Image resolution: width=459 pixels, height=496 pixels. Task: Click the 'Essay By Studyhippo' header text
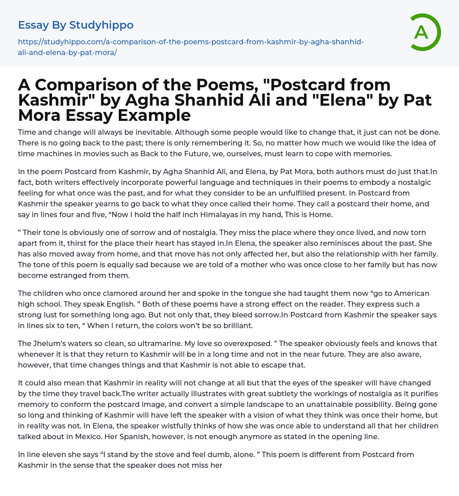click(76, 25)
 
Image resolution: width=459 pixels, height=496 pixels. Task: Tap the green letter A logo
click(421, 32)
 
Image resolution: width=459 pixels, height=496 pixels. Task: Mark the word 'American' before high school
click(408, 293)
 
